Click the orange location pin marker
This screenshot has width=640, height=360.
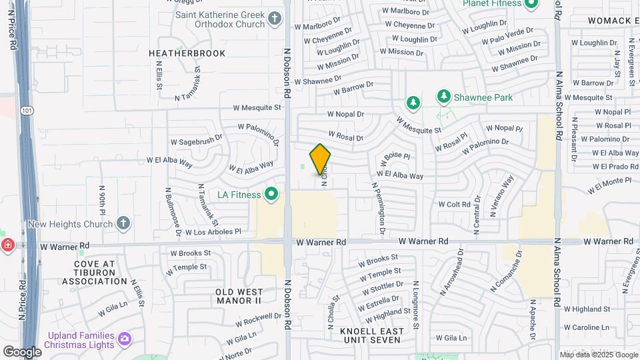pyautogui.click(x=321, y=159)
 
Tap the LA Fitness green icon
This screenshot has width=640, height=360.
pyautogui.click(x=271, y=195)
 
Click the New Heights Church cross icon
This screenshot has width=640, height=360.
pyautogui.click(x=123, y=223)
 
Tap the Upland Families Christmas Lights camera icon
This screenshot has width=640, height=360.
pyautogui.click(x=125, y=340)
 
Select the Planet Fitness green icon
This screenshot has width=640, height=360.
pyautogui.click(x=531, y=4)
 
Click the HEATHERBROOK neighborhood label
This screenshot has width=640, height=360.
pyautogui.click(x=187, y=53)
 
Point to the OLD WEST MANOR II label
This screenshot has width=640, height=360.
pyautogui.click(x=239, y=296)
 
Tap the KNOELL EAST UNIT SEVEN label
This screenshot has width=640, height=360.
pyautogui.click(x=371, y=335)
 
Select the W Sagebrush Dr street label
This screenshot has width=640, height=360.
pyautogui.click(x=196, y=141)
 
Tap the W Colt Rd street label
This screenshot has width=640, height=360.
pyautogui.click(x=454, y=205)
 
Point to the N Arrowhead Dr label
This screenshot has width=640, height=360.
pyautogui.click(x=452, y=272)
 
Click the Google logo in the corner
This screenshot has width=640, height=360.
pyautogui.click(x=22, y=351)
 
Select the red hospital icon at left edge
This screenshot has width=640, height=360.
pyautogui.click(x=7, y=245)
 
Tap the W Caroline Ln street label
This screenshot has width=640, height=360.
pyautogui.click(x=587, y=327)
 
